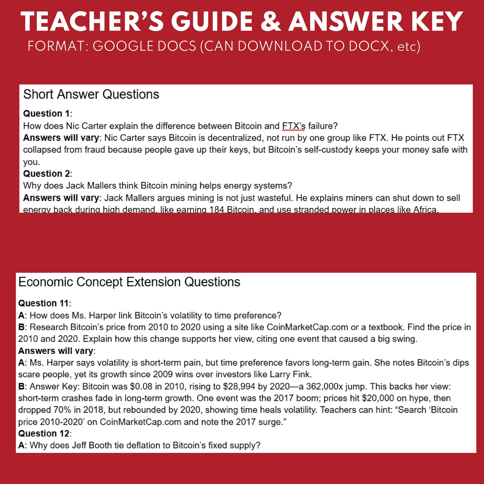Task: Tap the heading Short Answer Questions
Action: [x=91, y=95]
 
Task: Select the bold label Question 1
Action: [x=46, y=113]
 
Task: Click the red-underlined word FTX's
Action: [x=293, y=126]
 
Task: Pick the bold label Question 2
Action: [x=46, y=174]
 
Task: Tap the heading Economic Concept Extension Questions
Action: [x=129, y=282]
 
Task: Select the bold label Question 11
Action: [x=43, y=303]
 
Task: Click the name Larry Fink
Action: [x=290, y=375]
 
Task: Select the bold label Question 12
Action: [x=43, y=434]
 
